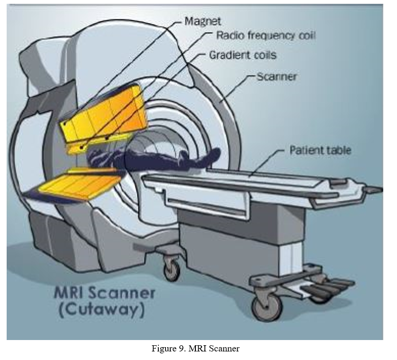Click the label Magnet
coord(202,21)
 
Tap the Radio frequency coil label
coord(266,35)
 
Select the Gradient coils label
coord(242,55)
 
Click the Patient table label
coord(320,150)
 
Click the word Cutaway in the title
coord(104,310)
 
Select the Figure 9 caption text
coord(195,349)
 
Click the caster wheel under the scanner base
coord(172,270)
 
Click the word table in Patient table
coord(337,150)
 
